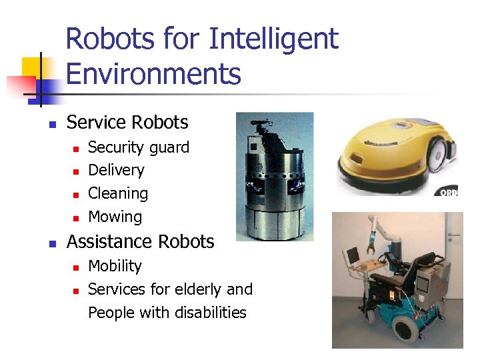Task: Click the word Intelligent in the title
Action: [273, 40]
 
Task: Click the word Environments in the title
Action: [153, 74]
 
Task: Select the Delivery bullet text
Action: [116, 171]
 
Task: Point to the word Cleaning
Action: [118, 194]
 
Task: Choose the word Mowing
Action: [115, 217]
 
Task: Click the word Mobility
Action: [115, 266]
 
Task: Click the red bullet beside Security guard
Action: [76, 148]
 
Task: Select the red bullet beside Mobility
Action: [76, 267]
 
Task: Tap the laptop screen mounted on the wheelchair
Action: [351, 257]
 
